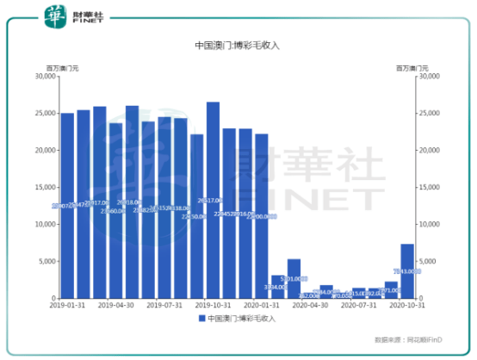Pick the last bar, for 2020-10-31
(407, 270)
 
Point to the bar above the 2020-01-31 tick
(261, 215)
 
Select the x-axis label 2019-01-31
(66, 306)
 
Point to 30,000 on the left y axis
(43, 76)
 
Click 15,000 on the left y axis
(43, 187)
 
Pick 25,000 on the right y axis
(431, 113)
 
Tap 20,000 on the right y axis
(431, 150)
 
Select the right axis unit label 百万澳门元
(412, 67)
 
